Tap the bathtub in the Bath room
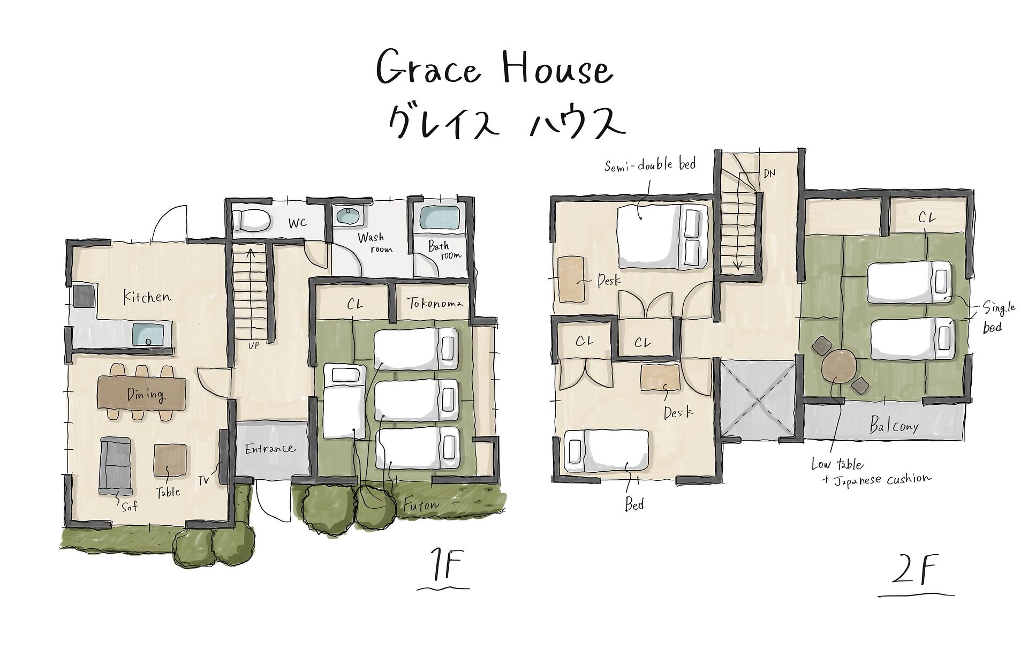click(x=439, y=218)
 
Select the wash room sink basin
click(x=350, y=217)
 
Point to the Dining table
click(x=142, y=394)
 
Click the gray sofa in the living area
click(x=115, y=465)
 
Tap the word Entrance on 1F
click(x=270, y=448)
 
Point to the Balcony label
click(x=894, y=426)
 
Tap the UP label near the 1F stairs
click(x=253, y=345)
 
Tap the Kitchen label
click(x=147, y=297)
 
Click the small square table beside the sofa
click(x=170, y=459)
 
